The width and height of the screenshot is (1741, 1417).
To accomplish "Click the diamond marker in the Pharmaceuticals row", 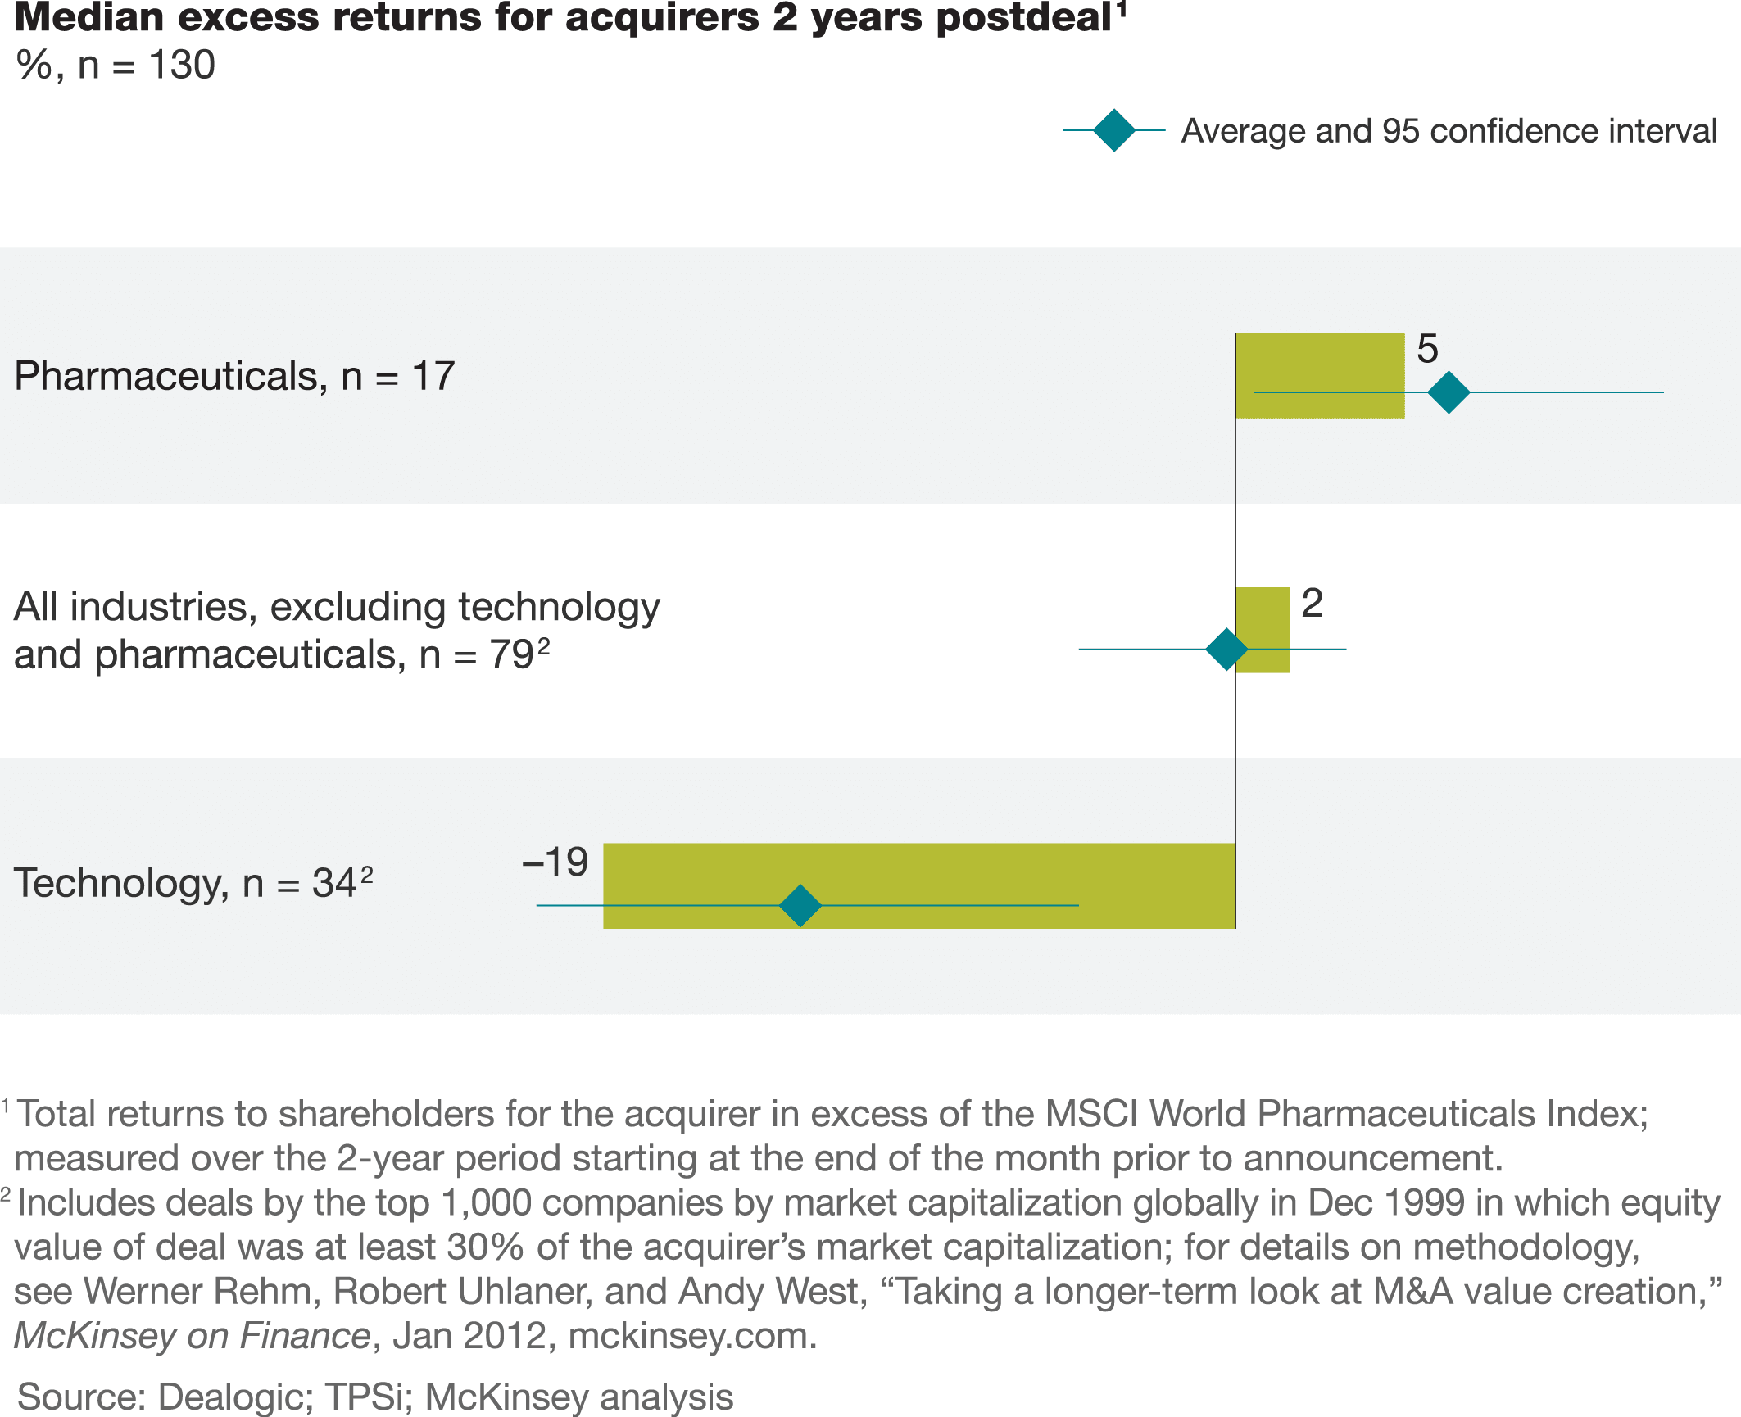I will (1449, 392).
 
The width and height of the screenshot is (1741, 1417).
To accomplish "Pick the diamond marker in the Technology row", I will (800, 905).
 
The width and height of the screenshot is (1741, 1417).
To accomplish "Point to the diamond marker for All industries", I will (1226, 650).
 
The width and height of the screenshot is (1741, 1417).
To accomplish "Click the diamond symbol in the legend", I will (1114, 130).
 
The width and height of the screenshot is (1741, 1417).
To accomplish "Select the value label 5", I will (1427, 349).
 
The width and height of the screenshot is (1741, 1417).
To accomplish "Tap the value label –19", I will (555, 862).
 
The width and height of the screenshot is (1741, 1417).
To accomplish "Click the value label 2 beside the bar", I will (1312, 604).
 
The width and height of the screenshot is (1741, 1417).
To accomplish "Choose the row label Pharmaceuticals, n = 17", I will (234, 376).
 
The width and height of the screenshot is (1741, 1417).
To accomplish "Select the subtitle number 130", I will (182, 65).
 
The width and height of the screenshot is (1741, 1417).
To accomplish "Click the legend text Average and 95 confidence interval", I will (1449, 131).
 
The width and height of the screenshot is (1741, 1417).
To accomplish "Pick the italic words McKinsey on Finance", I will (193, 1335).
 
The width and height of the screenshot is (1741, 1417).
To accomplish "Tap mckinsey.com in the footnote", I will (692, 1335).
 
